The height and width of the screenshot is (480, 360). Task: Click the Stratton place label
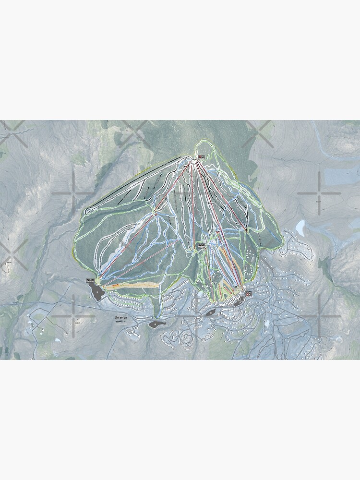122,318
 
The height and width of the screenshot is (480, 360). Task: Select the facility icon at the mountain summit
201,156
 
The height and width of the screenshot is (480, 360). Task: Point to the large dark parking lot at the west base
97,291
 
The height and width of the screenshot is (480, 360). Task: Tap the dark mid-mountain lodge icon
202,245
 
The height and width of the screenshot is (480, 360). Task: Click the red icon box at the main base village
249,293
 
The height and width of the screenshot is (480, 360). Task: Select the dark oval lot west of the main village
210,312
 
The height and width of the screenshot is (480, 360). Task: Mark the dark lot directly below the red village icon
239,301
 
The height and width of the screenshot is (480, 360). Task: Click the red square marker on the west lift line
156,214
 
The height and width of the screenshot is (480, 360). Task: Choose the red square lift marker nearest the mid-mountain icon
218,232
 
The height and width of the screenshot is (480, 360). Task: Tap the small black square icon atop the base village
235,287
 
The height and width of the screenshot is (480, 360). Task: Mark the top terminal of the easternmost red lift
246,231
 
